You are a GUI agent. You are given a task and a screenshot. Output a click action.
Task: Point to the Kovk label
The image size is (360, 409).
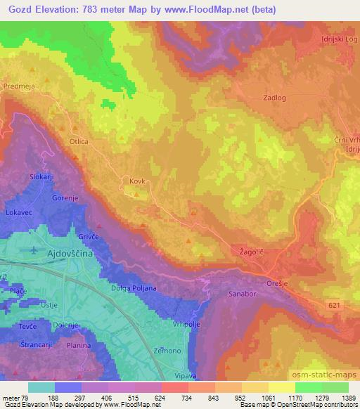[x=136, y=181]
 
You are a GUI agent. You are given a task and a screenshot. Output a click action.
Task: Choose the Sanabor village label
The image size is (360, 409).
[x=245, y=296]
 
